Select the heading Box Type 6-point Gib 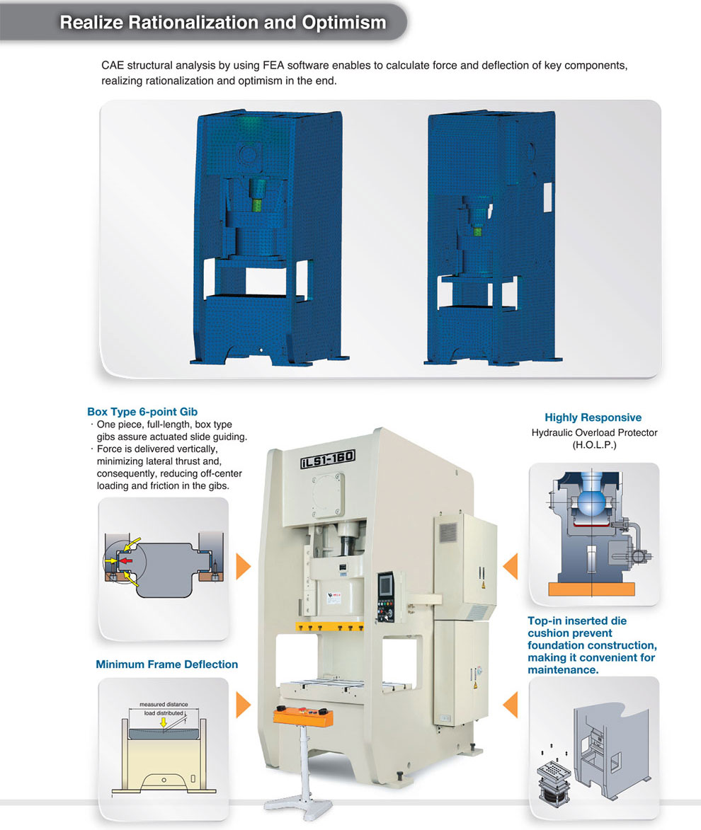click(x=142, y=411)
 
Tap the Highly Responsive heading click(x=593, y=417)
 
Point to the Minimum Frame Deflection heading click(x=166, y=664)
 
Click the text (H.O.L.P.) click(x=594, y=445)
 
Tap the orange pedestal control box click(x=303, y=716)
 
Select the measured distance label click(x=164, y=704)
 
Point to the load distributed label click(x=164, y=713)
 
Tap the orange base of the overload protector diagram click(x=592, y=589)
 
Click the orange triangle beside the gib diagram click(x=243, y=566)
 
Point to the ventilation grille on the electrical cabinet click(x=448, y=531)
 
